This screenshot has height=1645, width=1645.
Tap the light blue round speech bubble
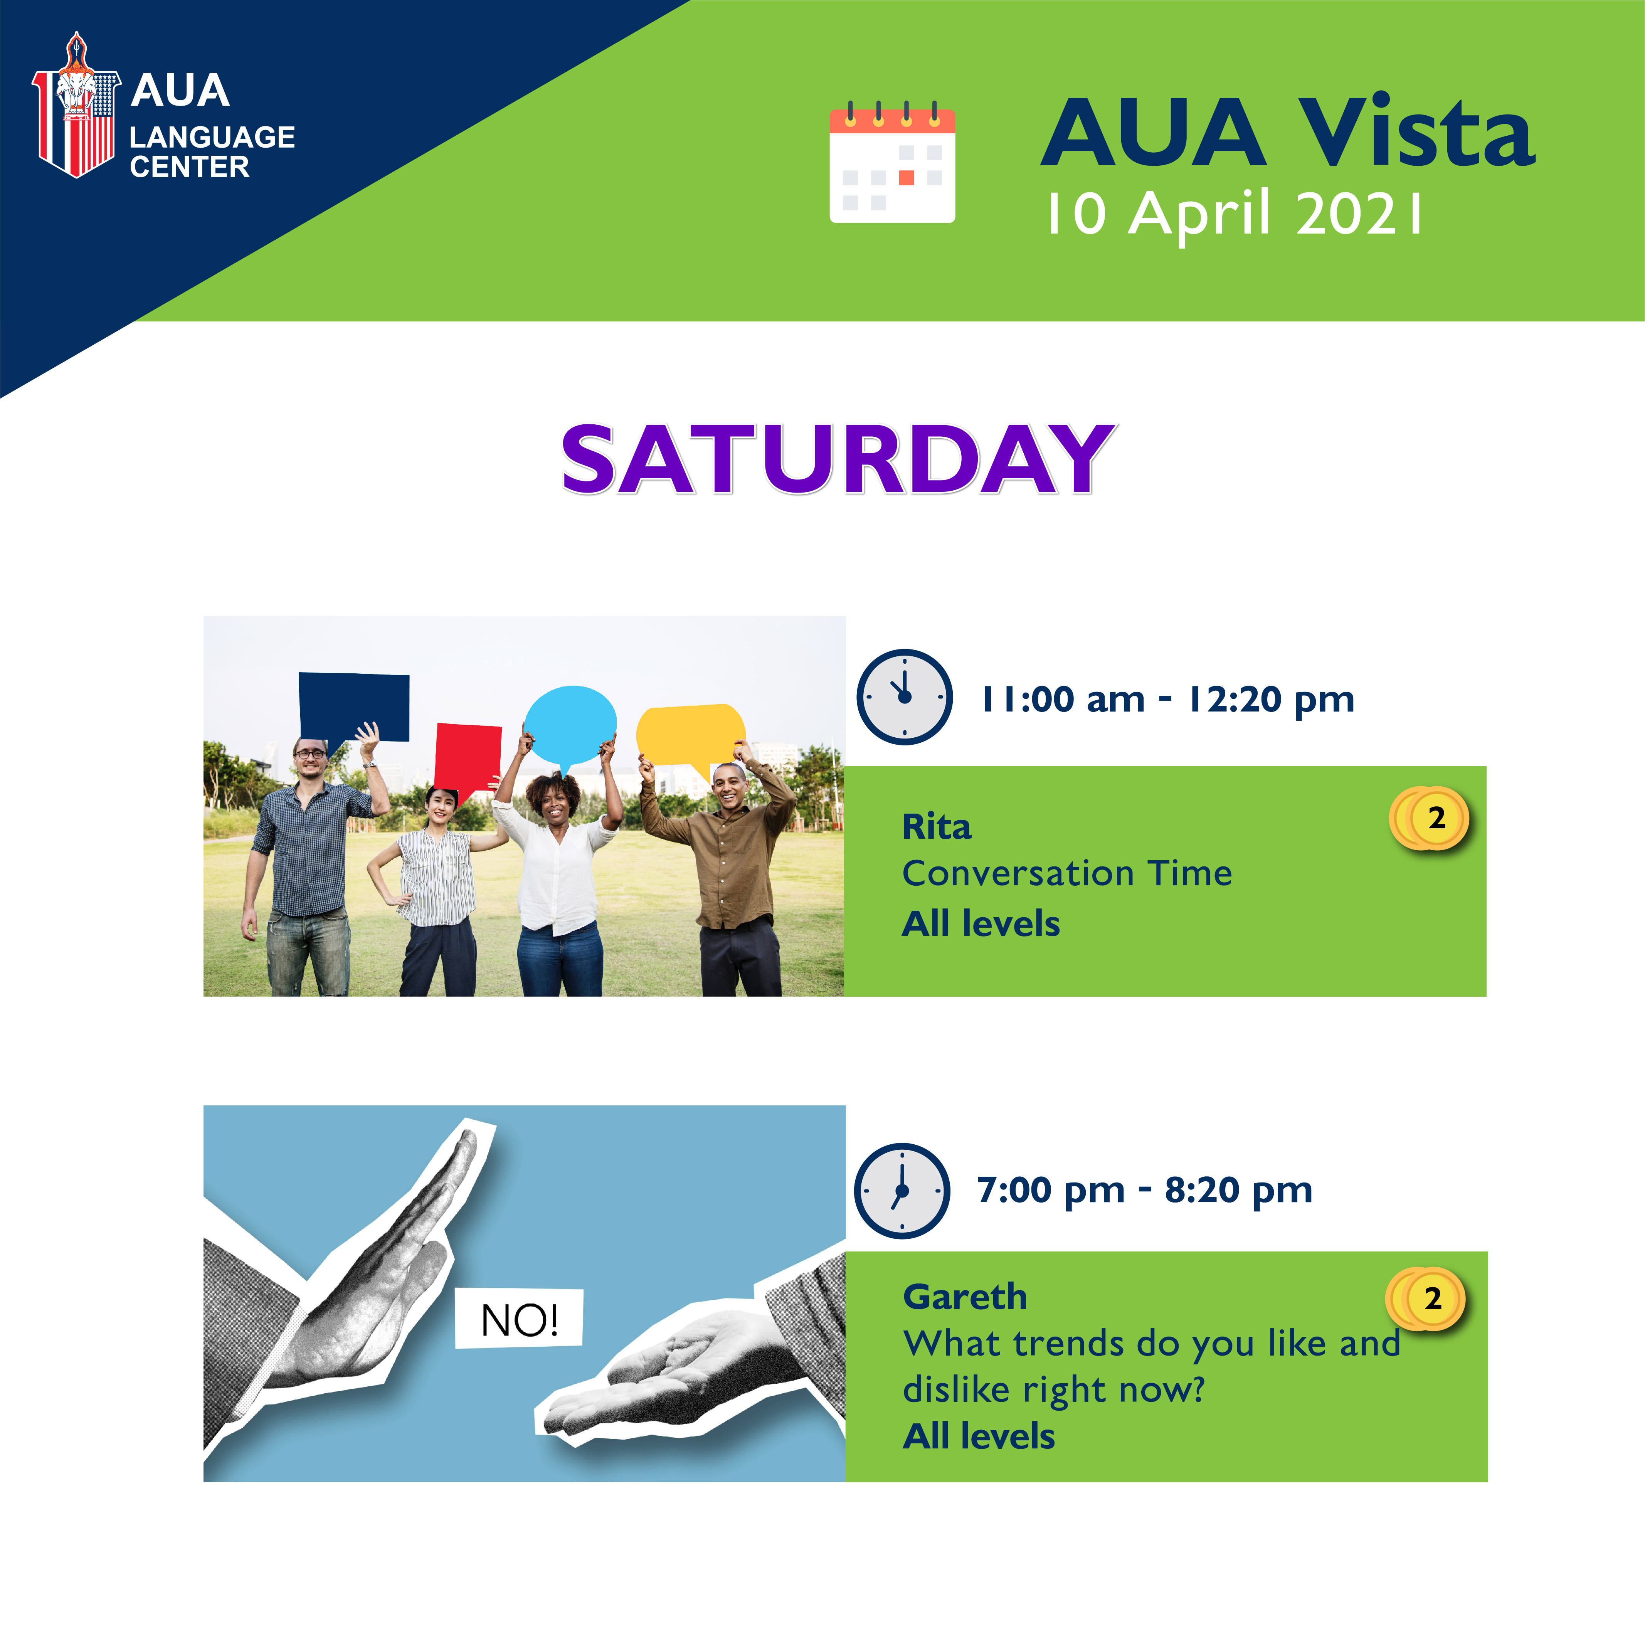tap(570, 726)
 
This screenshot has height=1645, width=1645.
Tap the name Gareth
tap(965, 1297)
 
